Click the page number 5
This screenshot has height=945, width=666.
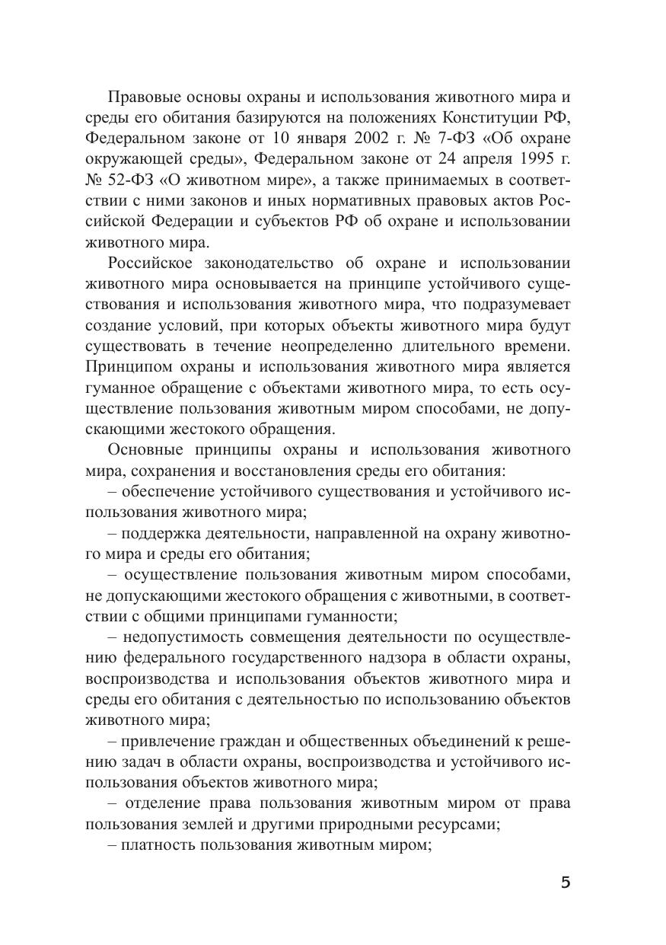[x=565, y=883]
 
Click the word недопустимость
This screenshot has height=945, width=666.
[x=174, y=637]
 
